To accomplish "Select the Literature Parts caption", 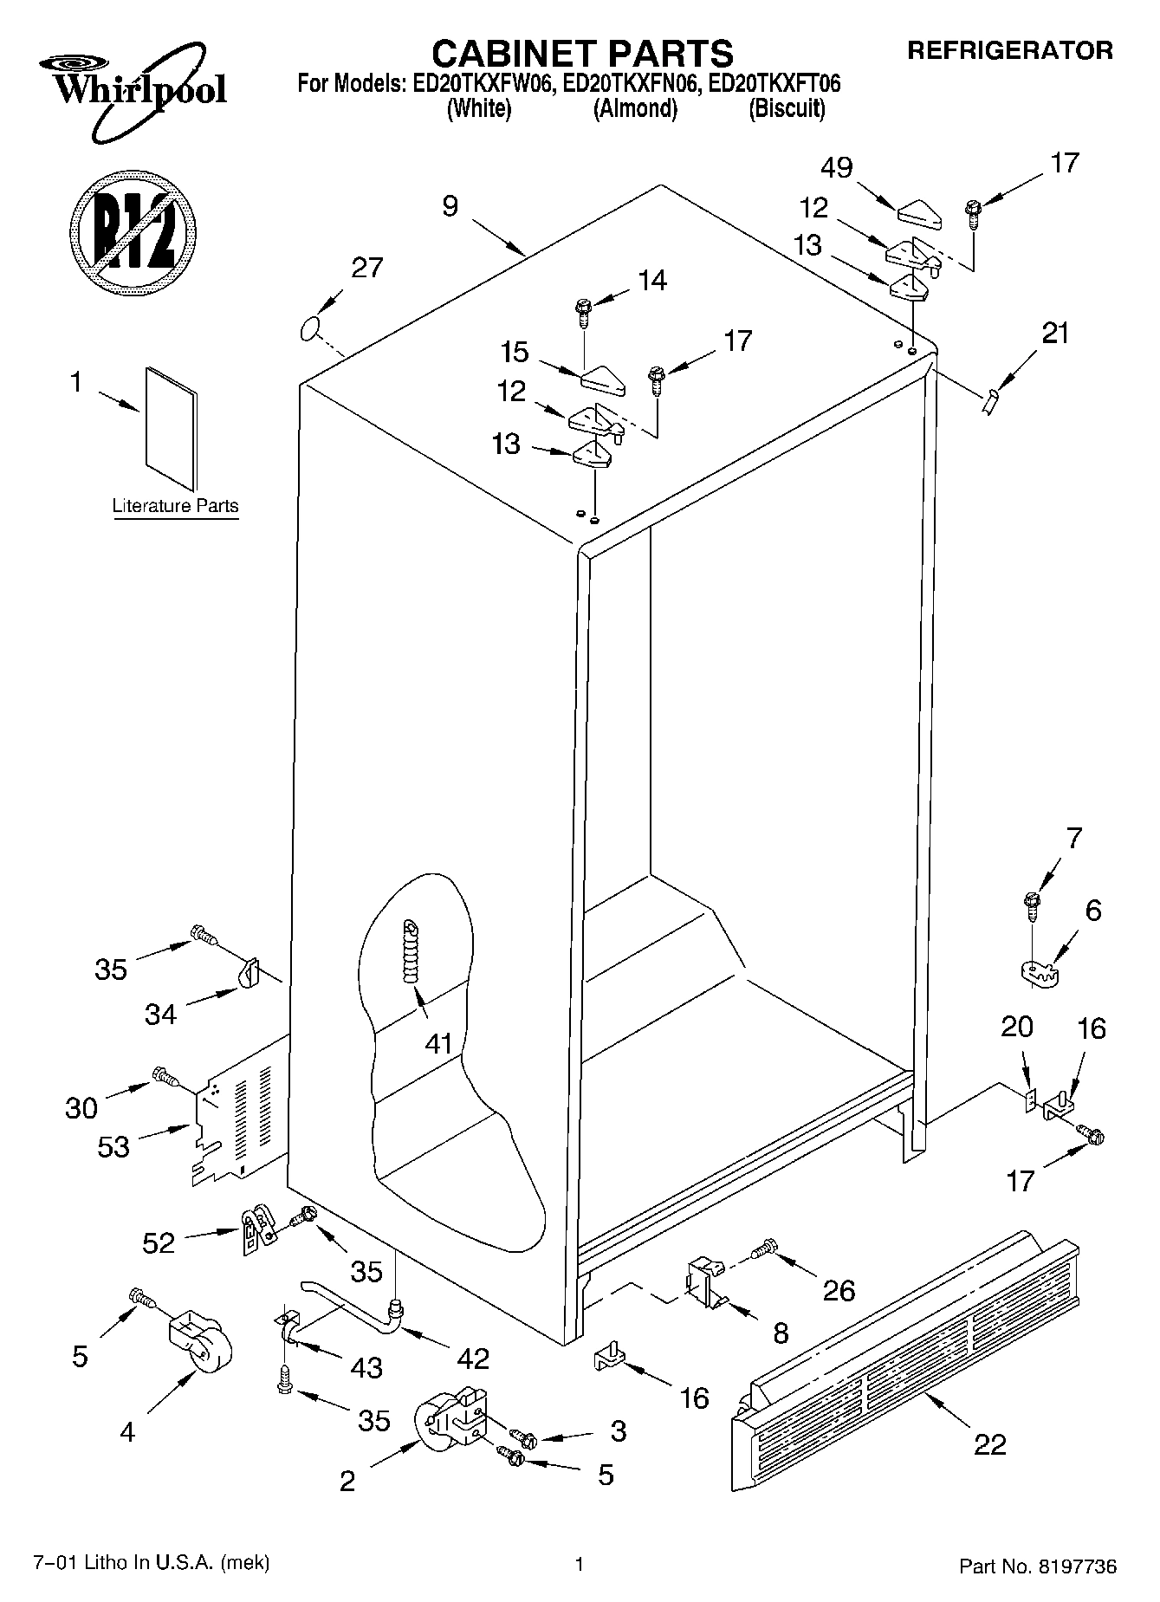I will click(x=175, y=506).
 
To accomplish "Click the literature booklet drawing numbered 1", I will click(x=171, y=427).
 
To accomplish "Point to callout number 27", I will click(x=366, y=268).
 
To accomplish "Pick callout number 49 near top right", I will click(x=837, y=167).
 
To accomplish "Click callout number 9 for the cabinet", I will click(x=450, y=206).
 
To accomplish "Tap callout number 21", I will click(x=1055, y=334).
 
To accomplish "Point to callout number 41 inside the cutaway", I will click(x=438, y=1043).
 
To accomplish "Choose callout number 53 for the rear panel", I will click(x=113, y=1147).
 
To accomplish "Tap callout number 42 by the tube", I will click(x=473, y=1358).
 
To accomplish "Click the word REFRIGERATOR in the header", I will click(x=1009, y=50).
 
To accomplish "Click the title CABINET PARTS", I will click(x=582, y=54).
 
